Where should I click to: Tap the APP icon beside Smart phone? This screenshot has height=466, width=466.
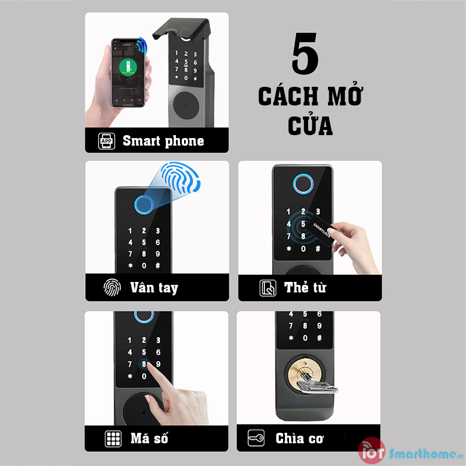pos(107,141)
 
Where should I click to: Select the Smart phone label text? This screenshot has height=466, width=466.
pos(163,141)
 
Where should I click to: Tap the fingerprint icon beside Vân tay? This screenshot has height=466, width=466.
pos(111,288)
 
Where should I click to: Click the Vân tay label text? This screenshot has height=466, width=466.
pos(154,288)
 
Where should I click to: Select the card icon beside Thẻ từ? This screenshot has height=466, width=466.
pos(267,288)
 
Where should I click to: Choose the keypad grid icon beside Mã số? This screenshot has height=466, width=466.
pos(112,439)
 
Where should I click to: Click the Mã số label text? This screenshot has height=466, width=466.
pos(151,439)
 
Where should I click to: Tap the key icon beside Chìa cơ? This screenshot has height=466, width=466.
pos(256,439)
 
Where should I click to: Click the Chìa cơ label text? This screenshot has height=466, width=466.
pos(300,439)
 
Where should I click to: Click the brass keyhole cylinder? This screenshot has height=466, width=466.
pos(301,373)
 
